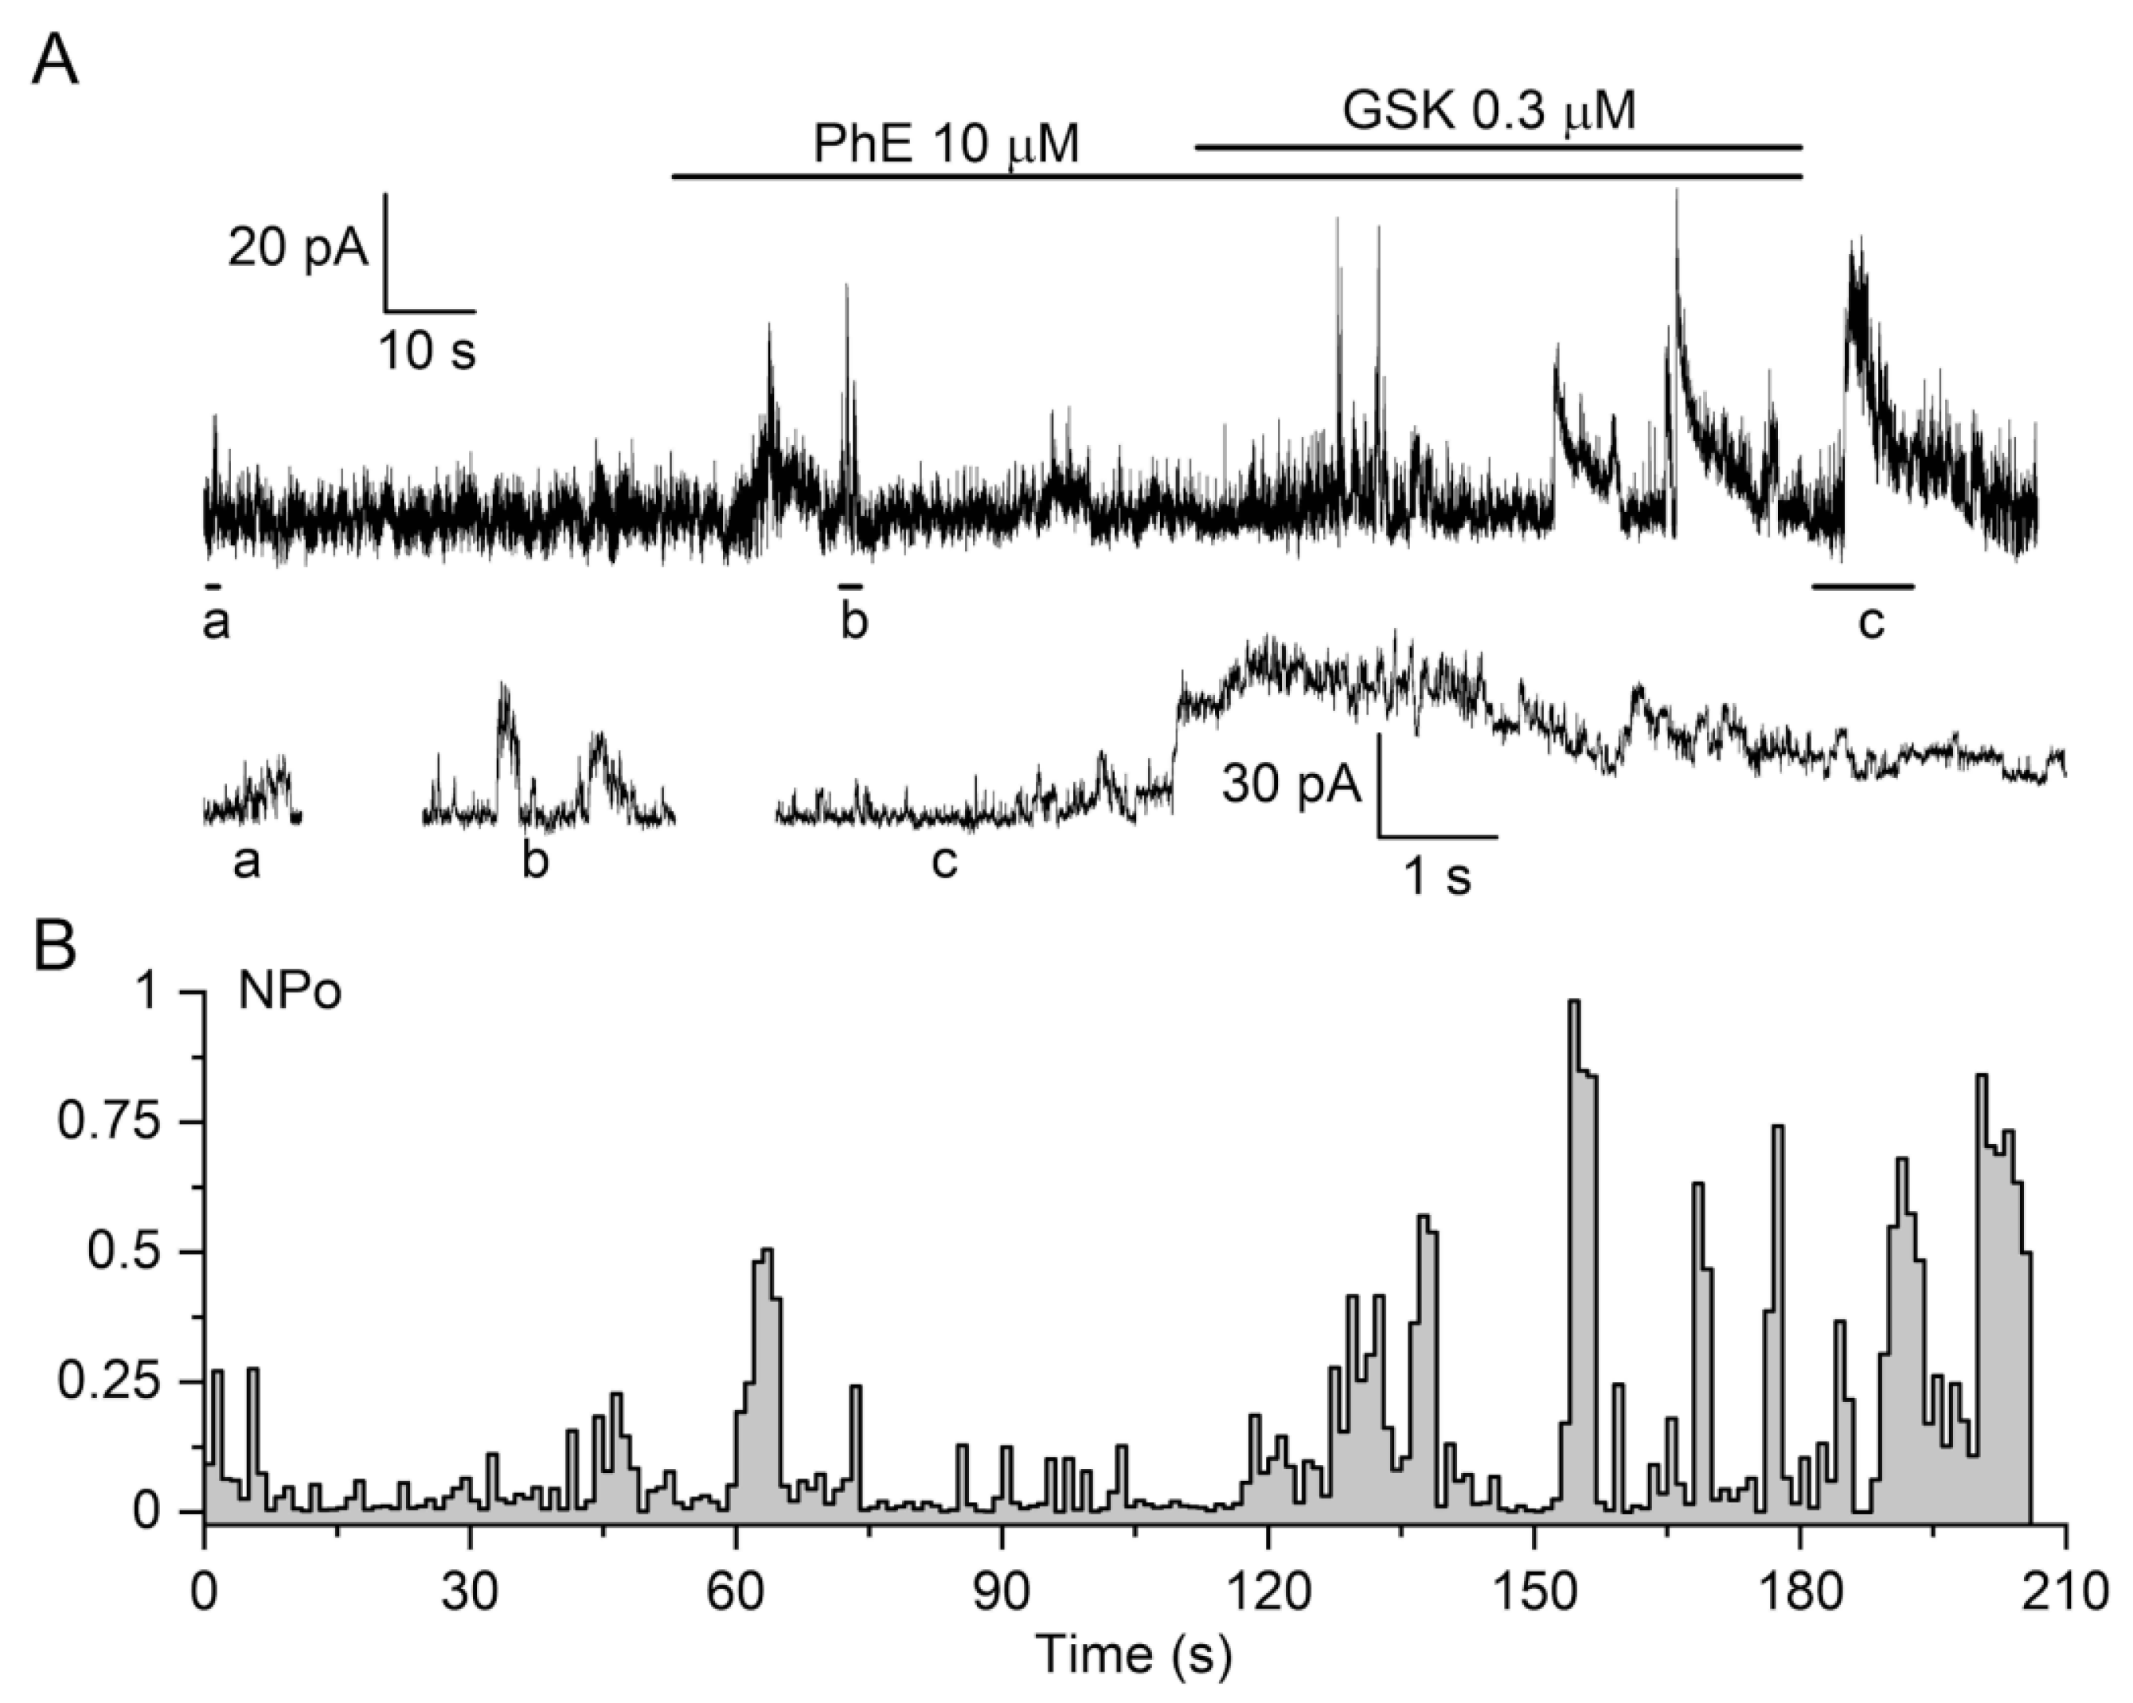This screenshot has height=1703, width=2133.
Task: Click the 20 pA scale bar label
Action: [297, 248]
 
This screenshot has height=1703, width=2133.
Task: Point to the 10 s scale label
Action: [428, 350]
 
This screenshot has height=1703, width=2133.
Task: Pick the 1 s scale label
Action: [1439, 877]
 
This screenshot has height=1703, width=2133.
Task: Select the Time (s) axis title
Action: [1134, 1654]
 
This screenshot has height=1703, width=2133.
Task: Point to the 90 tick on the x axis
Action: [1002, 1596]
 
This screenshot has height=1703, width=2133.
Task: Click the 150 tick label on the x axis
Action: [1533, 1596]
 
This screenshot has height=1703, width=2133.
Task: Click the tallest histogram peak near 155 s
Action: [1574, 1002]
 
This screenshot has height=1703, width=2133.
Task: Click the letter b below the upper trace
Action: [854, 623]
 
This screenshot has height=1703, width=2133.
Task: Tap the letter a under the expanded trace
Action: [246, 863]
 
